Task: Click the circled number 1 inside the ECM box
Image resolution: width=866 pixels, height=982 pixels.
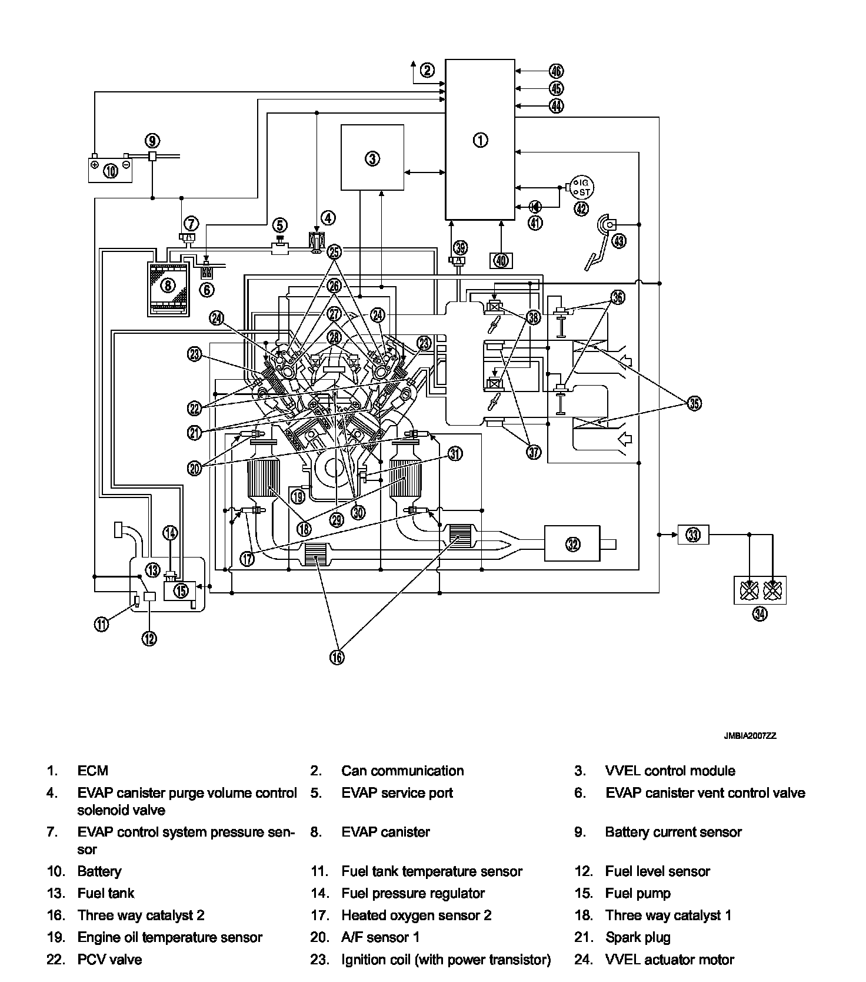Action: tap(480, 140)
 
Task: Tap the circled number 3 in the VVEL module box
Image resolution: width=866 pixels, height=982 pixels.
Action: tap(372, 158)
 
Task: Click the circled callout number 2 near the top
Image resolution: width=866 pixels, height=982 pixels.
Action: tap(427, 70)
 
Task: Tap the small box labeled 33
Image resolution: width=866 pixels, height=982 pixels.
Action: tap(694, 535)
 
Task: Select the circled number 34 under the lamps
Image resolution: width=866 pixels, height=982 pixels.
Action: tap(760, 614)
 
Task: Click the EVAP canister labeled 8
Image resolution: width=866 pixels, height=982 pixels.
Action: tap(168, 286)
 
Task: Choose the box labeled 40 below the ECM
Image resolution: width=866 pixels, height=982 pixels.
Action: tap(501, 260)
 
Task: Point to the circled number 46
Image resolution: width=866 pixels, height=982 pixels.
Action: tap(556, 71)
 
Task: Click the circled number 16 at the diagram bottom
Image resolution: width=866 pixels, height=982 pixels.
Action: tap(337, 657)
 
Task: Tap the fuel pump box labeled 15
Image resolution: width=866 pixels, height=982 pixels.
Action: tap(182, 589)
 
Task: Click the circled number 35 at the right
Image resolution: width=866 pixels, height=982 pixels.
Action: tap(695, 403)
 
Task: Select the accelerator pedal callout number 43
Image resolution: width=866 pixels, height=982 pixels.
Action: tap(619, 240)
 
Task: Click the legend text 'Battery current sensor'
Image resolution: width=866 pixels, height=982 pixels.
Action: tap(673, 832)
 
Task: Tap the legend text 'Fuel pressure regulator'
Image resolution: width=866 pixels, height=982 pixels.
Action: tap(413, 893)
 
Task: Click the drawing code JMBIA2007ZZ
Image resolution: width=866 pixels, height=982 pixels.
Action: tap(750, 736)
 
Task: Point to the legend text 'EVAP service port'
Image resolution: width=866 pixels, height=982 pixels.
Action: tap(397, 792)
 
